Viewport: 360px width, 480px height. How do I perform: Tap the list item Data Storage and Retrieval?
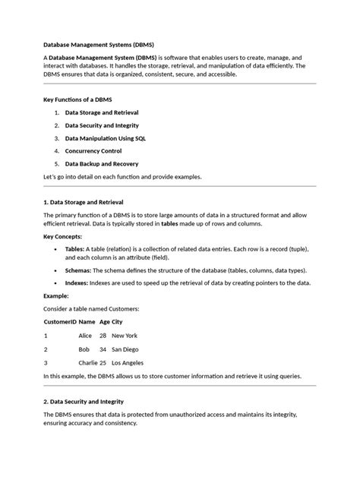click(101, 112)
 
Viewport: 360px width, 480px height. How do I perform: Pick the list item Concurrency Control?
click(93, 150)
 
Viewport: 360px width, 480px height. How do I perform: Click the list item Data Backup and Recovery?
click(101, 163)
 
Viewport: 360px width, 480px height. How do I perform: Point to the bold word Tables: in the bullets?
click(74, 248)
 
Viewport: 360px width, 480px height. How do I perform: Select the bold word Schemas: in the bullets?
click(77, 270)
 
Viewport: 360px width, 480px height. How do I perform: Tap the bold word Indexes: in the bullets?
click(77, 283)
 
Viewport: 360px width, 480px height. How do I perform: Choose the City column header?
click(117, 321)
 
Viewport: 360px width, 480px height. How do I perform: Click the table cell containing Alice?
click(85, 335)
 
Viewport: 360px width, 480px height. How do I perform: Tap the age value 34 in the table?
click(103, 349)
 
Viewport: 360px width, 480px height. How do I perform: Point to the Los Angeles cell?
click(128, 362)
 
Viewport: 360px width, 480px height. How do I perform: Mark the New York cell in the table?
click(124, 335)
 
